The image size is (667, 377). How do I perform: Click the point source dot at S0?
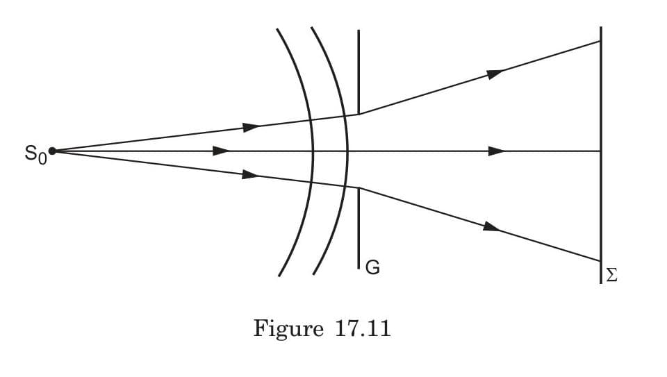(x=52, y=151)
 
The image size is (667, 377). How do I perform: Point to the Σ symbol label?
(x=611, y=276)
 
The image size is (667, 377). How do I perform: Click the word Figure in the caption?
(x=285, y=328)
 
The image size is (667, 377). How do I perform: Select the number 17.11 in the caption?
(x=361, y=328)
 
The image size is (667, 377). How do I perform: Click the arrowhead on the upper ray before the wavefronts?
(x=251, y=127)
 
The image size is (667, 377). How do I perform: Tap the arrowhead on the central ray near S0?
(x=222, y=151)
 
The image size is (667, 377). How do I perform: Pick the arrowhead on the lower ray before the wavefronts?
(x=250, y=174)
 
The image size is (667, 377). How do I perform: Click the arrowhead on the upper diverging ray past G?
(x=495, y=74)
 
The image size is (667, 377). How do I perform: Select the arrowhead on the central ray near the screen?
(x=496, y=151)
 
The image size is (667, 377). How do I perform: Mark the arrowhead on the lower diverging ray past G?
(x=491, y=226)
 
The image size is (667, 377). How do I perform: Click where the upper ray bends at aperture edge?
(x=359, y=114)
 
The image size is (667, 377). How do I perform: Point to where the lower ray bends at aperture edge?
(x=359, y=188)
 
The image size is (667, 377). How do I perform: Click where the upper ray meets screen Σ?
(x=600, y=41)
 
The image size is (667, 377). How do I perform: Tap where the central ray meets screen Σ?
(x=600, y=151)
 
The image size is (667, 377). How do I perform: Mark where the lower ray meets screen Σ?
(x=600, y=261)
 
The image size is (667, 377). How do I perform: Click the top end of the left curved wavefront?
(x=277, y=29)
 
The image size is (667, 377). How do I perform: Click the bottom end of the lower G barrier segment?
(x=359, y=268)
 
